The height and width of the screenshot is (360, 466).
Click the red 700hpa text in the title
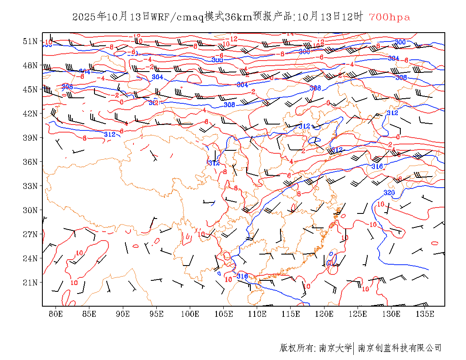point(389,17)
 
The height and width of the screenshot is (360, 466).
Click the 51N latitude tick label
point(30,41)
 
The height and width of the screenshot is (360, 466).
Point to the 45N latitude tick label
point(30,89)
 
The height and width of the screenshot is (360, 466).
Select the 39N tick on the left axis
point(30,138)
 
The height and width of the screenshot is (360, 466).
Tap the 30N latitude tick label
point(30,210)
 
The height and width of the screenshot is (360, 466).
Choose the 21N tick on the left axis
point(30,282)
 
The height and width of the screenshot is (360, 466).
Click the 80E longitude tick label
point(55,314)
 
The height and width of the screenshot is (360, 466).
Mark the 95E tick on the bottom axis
point(156,314)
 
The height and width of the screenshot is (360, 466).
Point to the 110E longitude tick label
point(257,314)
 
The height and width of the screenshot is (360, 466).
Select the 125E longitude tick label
point(358,314)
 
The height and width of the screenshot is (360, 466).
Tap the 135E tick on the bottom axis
point(425,314)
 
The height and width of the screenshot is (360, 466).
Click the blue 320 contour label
point(389,193)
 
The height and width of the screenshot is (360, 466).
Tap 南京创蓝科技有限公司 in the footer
point(400,348)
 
